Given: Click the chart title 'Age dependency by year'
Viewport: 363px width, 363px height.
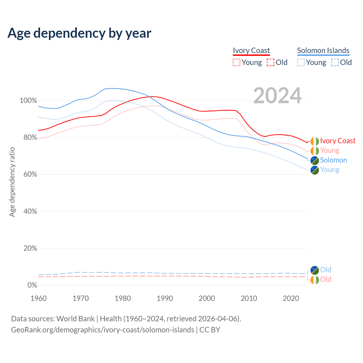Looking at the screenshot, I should (79, 33).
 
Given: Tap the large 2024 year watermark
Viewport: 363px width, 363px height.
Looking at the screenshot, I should (277, 96).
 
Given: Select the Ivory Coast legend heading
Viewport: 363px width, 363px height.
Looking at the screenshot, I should (251, 50).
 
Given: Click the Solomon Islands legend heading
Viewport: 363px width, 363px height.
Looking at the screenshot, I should (323, 50).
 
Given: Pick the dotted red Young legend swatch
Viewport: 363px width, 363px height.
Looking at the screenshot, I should (236, 62).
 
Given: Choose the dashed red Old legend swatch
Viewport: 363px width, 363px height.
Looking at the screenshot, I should (271, 62).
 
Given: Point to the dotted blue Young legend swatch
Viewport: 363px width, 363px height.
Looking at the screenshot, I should (301, 62).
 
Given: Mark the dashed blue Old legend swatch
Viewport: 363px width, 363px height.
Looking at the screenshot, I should (335, 62).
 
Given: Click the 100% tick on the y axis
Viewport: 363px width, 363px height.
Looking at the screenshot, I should (28, 101).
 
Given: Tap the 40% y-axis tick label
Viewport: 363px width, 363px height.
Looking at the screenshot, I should (30, 211).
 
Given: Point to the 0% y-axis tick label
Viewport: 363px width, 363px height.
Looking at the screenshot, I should (32, 285).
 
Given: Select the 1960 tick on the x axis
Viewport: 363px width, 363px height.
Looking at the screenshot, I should (39, 298).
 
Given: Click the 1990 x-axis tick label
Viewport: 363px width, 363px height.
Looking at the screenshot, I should (165, 298).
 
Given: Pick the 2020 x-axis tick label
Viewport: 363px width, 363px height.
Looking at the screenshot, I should (291, 298).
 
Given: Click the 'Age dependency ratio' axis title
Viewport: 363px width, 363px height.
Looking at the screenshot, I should (12, 182).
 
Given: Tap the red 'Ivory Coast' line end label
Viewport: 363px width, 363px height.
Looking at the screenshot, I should (337, 141).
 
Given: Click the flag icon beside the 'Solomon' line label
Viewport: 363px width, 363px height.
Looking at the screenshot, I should (315, 160).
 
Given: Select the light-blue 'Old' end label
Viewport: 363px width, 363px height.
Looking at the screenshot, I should (326, 270).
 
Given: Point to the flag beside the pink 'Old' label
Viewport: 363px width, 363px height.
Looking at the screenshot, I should (315, 280).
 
